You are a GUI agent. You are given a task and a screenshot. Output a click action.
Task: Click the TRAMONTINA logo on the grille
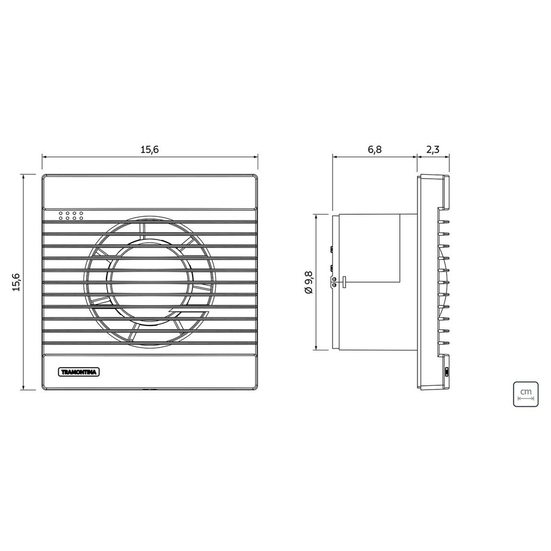pos(79,372)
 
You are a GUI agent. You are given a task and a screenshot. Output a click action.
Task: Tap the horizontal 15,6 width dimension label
pos(150,150)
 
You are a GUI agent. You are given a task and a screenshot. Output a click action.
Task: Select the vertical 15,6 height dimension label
pos(17,282)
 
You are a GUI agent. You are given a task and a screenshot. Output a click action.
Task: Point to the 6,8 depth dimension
pos(375,150)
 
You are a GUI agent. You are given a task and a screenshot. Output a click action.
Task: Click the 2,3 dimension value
pos(433,150)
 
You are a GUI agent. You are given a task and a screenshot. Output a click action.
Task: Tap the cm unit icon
pos(526,394)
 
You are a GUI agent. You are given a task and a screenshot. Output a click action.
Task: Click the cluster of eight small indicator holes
pos(70,216)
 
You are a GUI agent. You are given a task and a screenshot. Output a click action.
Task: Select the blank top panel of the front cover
pos(150,192)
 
